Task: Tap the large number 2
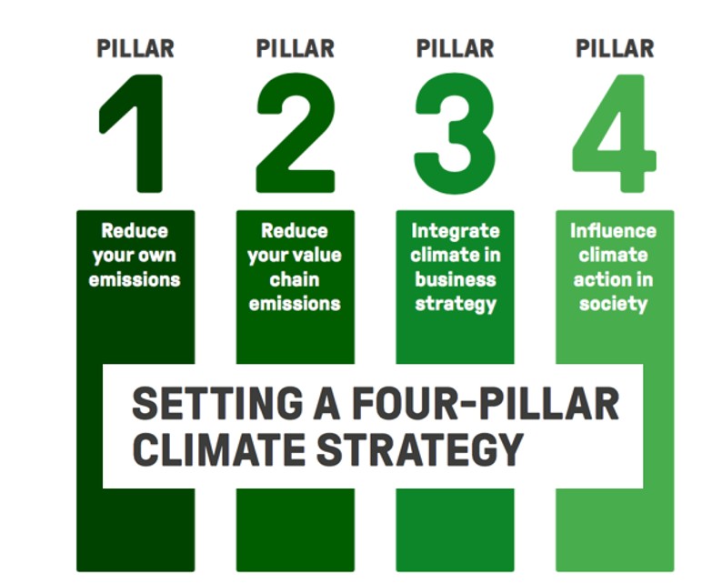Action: tap(295, 135)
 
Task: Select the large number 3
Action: tap(455, 135)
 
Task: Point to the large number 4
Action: tap(614, 135)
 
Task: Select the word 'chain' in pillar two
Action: tap(296, 279)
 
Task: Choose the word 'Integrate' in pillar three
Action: tap(456, 231)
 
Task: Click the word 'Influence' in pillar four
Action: tap(614, 231)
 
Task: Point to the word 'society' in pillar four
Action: tap(614, 303)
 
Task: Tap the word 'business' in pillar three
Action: tap(456, 279)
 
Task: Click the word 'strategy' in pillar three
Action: tap(456, 303)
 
